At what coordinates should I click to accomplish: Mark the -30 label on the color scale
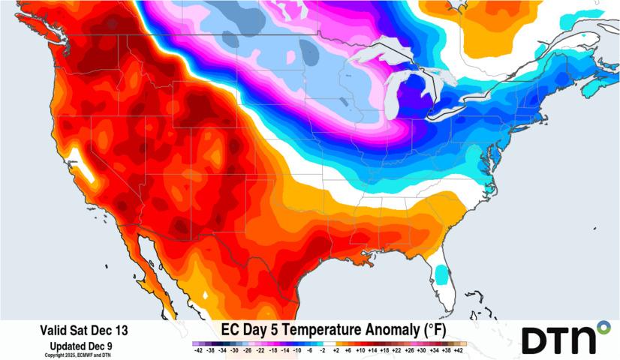(x=233, y=350)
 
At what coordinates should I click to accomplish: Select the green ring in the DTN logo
(x=603, y=327)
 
